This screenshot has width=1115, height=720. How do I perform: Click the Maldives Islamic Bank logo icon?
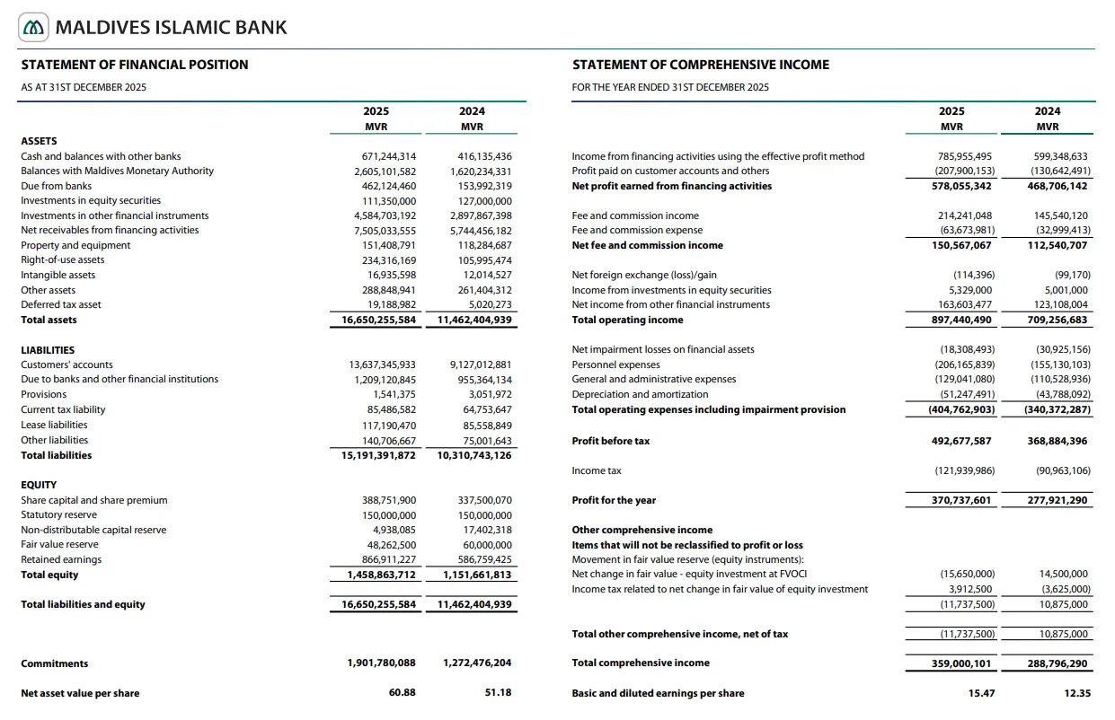click(x=34, y=28)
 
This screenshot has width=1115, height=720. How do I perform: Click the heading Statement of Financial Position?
click(x=135, y=65)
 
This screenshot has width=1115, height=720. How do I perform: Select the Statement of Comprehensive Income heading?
click(x=701, y=65)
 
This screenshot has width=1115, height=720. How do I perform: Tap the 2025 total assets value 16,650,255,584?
click(x=378, y=320)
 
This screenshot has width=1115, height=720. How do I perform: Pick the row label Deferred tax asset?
click(x=61, y=304)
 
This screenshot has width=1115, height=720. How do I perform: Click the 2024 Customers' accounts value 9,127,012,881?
click(x=480, y=364)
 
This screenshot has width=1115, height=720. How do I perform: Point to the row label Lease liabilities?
click(x=54, y=425)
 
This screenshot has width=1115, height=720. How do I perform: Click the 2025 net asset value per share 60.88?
click(x=402, y=693)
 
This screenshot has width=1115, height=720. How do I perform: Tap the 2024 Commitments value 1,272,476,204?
click(x=477, y=663)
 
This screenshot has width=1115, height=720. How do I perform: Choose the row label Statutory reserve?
click(x=58, y=514)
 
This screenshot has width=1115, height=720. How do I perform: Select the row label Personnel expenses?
click(x=615, y=364)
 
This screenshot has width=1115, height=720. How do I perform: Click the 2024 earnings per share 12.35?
click(x=1076, y=693)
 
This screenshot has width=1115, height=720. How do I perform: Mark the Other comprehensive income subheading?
click(x=642, y=530)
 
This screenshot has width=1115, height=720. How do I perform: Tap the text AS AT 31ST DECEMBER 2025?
click(x=84, y=87)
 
